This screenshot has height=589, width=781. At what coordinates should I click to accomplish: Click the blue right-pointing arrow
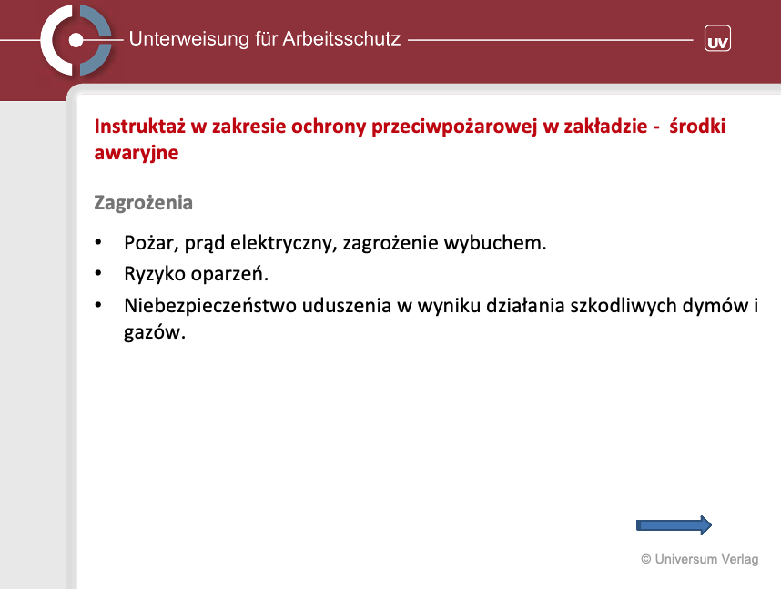coord(674,525)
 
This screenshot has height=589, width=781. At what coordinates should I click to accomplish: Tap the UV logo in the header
coord(717,38)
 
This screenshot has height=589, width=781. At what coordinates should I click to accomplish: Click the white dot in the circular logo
coord(76,40)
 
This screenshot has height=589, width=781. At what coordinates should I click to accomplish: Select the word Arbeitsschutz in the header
coord(341,39)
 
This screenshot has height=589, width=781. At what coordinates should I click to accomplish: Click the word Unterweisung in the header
coord(188,39)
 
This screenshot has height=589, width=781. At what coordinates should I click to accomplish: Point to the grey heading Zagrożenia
coord(144,203)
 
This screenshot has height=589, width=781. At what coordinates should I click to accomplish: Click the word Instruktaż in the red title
coord(140,126)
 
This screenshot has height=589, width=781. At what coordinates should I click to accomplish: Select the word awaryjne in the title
coord(137,153)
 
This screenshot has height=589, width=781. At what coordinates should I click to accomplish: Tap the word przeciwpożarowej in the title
coord(455,127)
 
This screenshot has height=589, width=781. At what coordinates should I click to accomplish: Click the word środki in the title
coord(697,126)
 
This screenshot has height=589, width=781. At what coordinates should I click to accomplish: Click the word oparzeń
coord(229,274)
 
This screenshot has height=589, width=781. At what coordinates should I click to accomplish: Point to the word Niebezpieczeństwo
coord(210,306)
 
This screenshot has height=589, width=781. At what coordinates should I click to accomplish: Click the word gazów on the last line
coord(155,332)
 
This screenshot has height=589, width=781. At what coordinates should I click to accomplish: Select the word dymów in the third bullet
coord(715,306)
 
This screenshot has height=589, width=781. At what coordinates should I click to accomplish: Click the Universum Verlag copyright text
coord(700,559)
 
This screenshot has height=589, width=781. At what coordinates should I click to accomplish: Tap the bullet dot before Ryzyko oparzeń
coord(98,274)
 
